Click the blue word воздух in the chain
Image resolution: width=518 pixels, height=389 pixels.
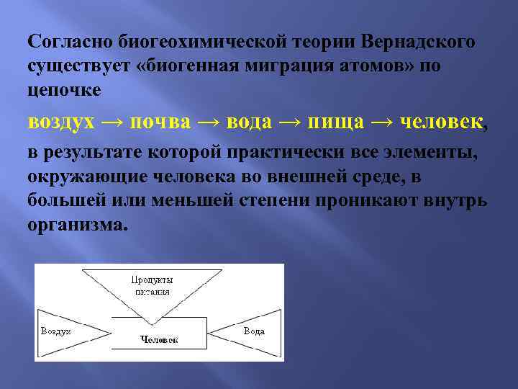61,122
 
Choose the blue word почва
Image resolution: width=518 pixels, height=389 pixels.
160,122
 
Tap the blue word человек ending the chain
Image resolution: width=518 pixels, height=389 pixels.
440,122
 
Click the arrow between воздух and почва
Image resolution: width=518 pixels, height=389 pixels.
112,122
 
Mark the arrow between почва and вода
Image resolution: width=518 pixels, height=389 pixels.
209,122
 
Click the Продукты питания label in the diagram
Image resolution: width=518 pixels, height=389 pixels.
152,285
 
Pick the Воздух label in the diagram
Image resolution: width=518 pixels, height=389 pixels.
55,331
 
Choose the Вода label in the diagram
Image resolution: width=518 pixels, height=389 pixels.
253,331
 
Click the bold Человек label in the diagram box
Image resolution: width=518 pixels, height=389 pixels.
159,339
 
